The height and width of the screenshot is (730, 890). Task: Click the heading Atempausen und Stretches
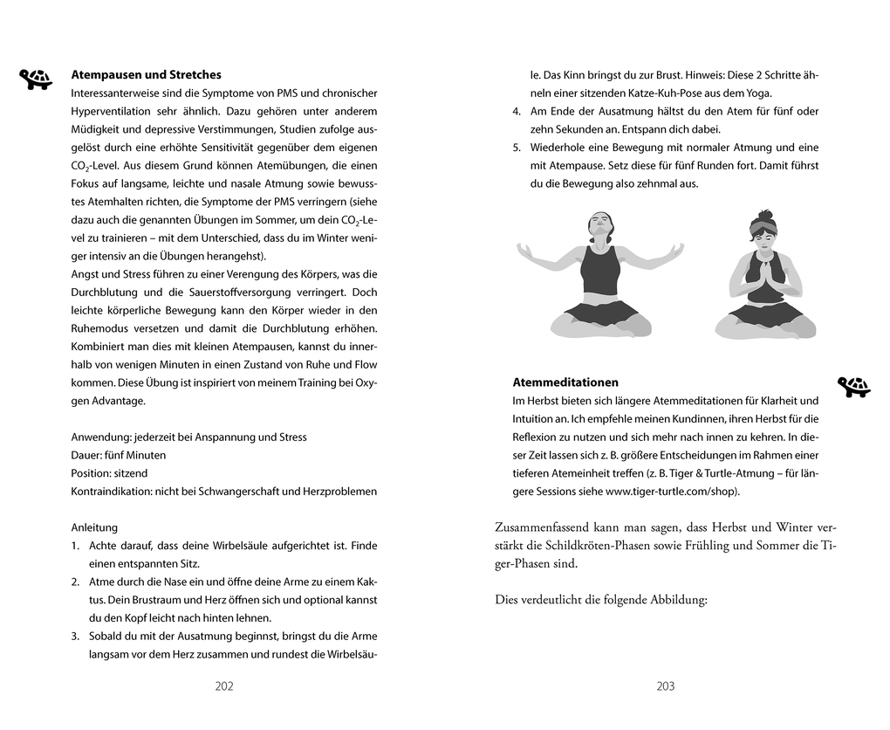click(x=146, y=75)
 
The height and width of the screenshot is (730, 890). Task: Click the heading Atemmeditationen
click(x=565, y=382)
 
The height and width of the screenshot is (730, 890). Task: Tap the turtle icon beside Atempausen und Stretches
click(x=36, y=79)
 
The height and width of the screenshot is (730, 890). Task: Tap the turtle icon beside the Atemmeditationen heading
click(x=853, y=386)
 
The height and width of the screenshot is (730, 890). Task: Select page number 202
click(x=224, y=686)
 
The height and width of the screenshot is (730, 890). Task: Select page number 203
click(x=666, y=686)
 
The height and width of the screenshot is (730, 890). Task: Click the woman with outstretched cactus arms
click(x=599, y=275)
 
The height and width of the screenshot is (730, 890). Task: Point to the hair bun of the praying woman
click(x=765, y=215)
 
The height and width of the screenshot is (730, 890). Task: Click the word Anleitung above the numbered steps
click(x=94, y=527)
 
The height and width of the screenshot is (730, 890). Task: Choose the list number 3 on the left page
click(x=75, y=636)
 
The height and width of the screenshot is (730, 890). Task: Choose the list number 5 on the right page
click(x=517, y=148)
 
